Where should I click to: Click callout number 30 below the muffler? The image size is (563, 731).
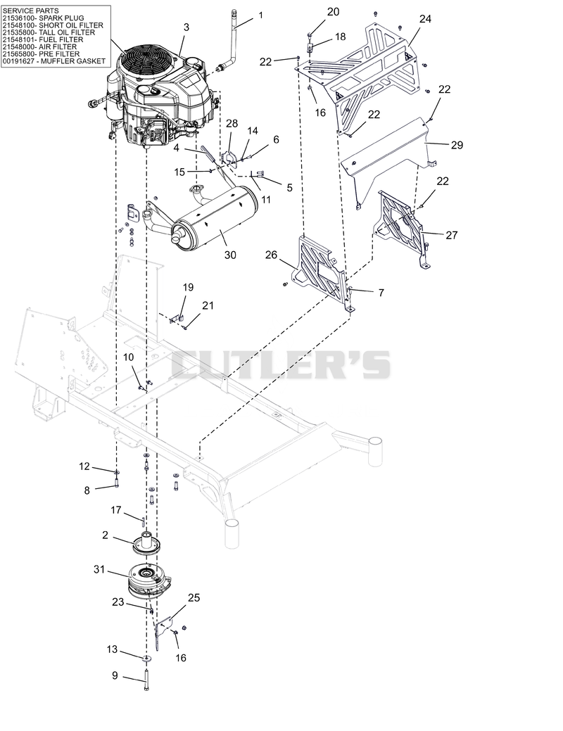[x=230, y=255]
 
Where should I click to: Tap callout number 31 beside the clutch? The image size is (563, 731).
[x=99, y=569]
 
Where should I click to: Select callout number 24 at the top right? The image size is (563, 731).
[x=425, y=19]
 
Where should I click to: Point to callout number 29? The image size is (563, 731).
[x=457, y=144]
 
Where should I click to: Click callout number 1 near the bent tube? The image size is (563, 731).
[x=261, y=15]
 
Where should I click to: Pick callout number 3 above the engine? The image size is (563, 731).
[x=186, y=27]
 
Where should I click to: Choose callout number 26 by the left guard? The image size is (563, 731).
[x=271, y=255]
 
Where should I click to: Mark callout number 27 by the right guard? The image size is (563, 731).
[x=452, y=235]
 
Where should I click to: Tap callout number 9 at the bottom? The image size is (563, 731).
[x=115, y=675]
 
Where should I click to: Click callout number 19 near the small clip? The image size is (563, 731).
[x=188, y=287]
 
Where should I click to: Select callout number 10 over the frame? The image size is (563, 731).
[x=128, y=357]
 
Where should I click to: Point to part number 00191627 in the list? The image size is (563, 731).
[x=18, y=61]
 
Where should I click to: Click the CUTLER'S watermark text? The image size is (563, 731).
[x=281, y=364]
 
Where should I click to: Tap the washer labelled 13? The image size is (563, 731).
[x=147, y=658]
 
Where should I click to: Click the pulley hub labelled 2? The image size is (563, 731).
[x=146, y=542]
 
